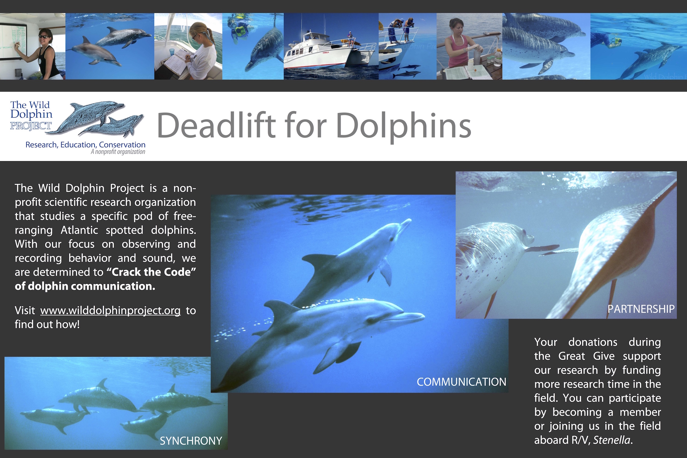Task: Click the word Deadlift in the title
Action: tap(216, 126)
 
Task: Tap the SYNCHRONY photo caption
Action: tap(191, 441)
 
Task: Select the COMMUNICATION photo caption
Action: tap(461, 382)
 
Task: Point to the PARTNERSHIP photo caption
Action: tap(641, 309)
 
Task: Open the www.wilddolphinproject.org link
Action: tap(110, 310)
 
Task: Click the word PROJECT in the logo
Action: tap(31, 126)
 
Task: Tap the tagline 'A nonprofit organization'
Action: tap(118, 152)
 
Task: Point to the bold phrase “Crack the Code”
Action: tap(151, 272)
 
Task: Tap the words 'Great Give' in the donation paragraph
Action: tap(586, 356)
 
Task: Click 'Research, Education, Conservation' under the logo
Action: tap(85, 145)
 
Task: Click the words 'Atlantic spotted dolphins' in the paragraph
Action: tap(128, 230)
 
